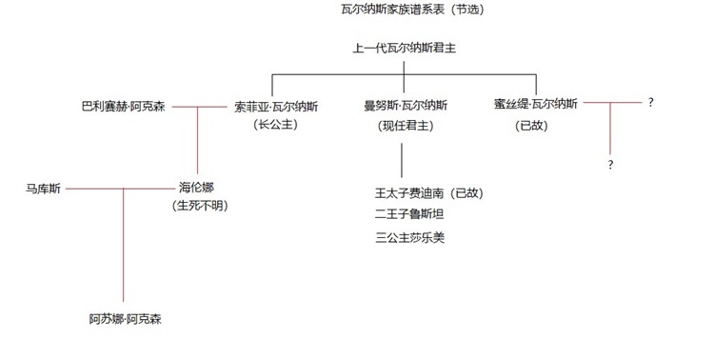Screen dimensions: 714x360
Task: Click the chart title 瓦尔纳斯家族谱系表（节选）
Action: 412,10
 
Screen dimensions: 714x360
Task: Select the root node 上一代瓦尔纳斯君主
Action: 405,48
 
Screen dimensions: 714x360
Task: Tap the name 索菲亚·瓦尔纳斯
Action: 276,107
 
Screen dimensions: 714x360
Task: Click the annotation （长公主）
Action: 275,125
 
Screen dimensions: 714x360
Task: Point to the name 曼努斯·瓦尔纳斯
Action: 406,106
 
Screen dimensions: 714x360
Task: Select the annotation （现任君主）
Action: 406,126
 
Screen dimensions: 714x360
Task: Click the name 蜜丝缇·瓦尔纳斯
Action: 535,104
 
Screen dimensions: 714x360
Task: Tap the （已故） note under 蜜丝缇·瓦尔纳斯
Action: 531,126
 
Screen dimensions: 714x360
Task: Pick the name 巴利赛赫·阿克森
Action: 123,107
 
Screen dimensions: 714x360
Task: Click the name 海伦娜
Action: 196,188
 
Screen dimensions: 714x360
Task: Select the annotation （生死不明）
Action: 200,206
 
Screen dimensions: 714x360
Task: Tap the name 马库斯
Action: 43,189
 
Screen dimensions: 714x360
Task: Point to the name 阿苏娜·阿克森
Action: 126,319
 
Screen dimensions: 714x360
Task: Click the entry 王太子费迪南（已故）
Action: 429,193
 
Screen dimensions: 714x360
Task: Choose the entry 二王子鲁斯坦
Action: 409,213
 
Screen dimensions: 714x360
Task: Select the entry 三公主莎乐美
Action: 409,237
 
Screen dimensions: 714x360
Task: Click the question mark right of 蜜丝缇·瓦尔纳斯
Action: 651,103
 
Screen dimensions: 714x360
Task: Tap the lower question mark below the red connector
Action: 610,165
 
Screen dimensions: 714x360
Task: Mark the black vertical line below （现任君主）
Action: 402,160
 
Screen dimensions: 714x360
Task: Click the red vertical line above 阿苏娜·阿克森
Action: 124,245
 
